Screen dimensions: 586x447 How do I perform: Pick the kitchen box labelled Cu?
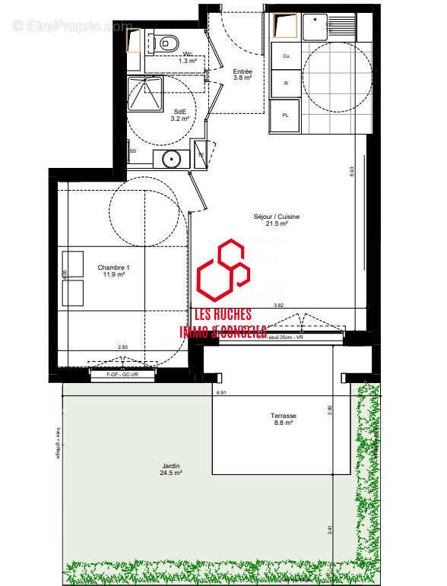tap(287, 56)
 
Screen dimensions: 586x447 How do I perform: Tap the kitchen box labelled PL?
tap(287, 115)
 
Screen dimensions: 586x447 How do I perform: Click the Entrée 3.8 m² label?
tap(243, 74)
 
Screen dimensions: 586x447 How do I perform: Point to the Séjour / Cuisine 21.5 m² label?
tap(276, 220)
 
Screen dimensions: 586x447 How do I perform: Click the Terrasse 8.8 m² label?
tap(283, 420)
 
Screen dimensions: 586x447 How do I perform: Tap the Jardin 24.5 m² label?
tap(170, 469)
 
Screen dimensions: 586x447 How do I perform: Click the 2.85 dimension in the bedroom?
tap(122, 347)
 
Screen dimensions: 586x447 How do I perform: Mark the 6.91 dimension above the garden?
tap(221, 393)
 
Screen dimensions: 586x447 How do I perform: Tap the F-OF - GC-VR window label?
tap(123, 375)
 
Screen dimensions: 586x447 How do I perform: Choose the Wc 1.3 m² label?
tap(187, 55)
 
